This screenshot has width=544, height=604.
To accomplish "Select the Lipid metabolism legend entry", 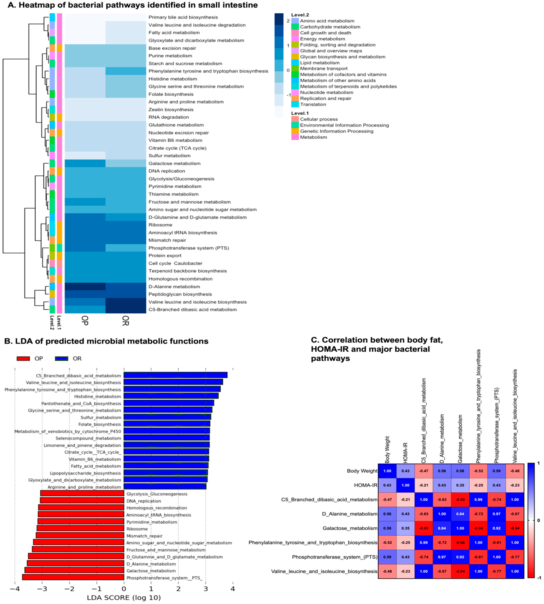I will point(320,63).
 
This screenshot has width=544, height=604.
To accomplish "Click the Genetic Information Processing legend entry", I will point(337,131).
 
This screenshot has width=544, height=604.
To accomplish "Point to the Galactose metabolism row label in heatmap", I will point(174,163).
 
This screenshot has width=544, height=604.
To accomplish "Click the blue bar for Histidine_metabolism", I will point(171,396).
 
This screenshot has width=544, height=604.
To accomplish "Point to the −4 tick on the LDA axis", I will point(15,589).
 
